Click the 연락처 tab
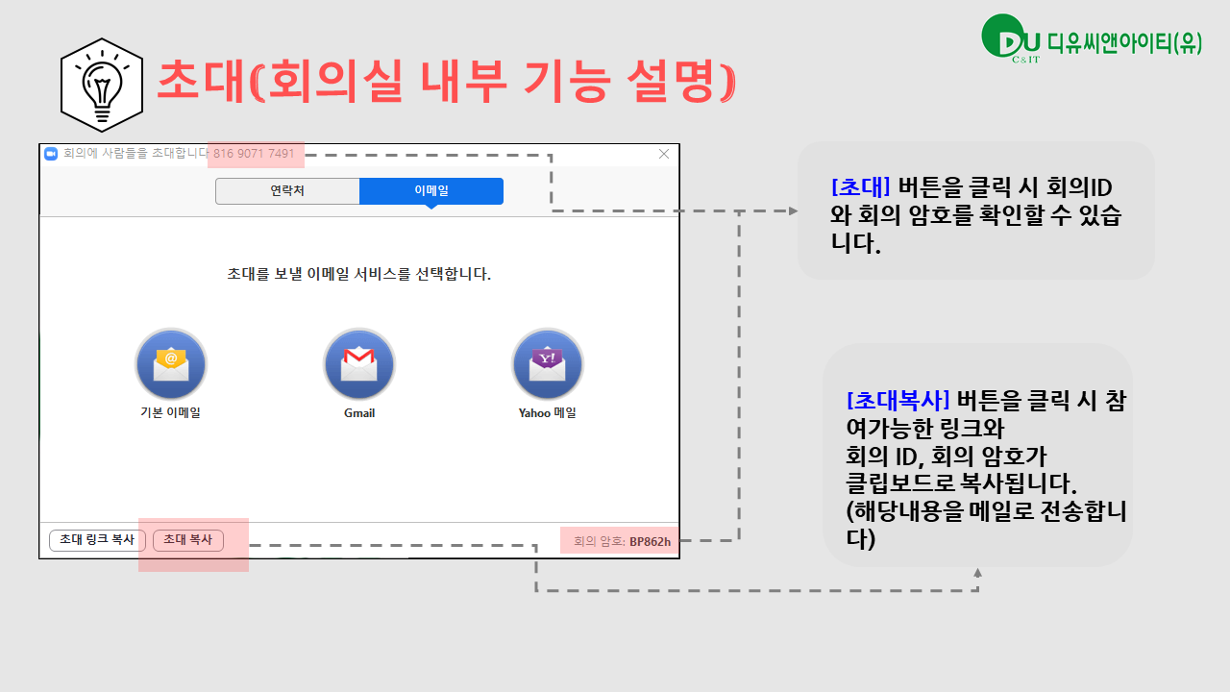point(287,191)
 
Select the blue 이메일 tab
point(431,191)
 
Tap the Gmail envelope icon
point(359,364)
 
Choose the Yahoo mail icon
point(548,364)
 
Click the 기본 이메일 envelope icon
point(171,364)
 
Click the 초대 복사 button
point(187,540)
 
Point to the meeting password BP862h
point(651,541)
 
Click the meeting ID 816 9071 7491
point(254,153)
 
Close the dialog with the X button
point(664,154)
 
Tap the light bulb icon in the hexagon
point(102,86)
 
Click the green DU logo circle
point(1002,36)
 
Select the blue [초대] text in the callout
point(861,187)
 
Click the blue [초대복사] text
point(898,401)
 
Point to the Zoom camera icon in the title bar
point(51,154)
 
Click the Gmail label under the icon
point(359,413)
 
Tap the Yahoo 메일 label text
point(548,413)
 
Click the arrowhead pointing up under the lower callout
point(978,573)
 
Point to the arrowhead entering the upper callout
point(793,210)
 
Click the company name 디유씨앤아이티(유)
point(1124,43)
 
